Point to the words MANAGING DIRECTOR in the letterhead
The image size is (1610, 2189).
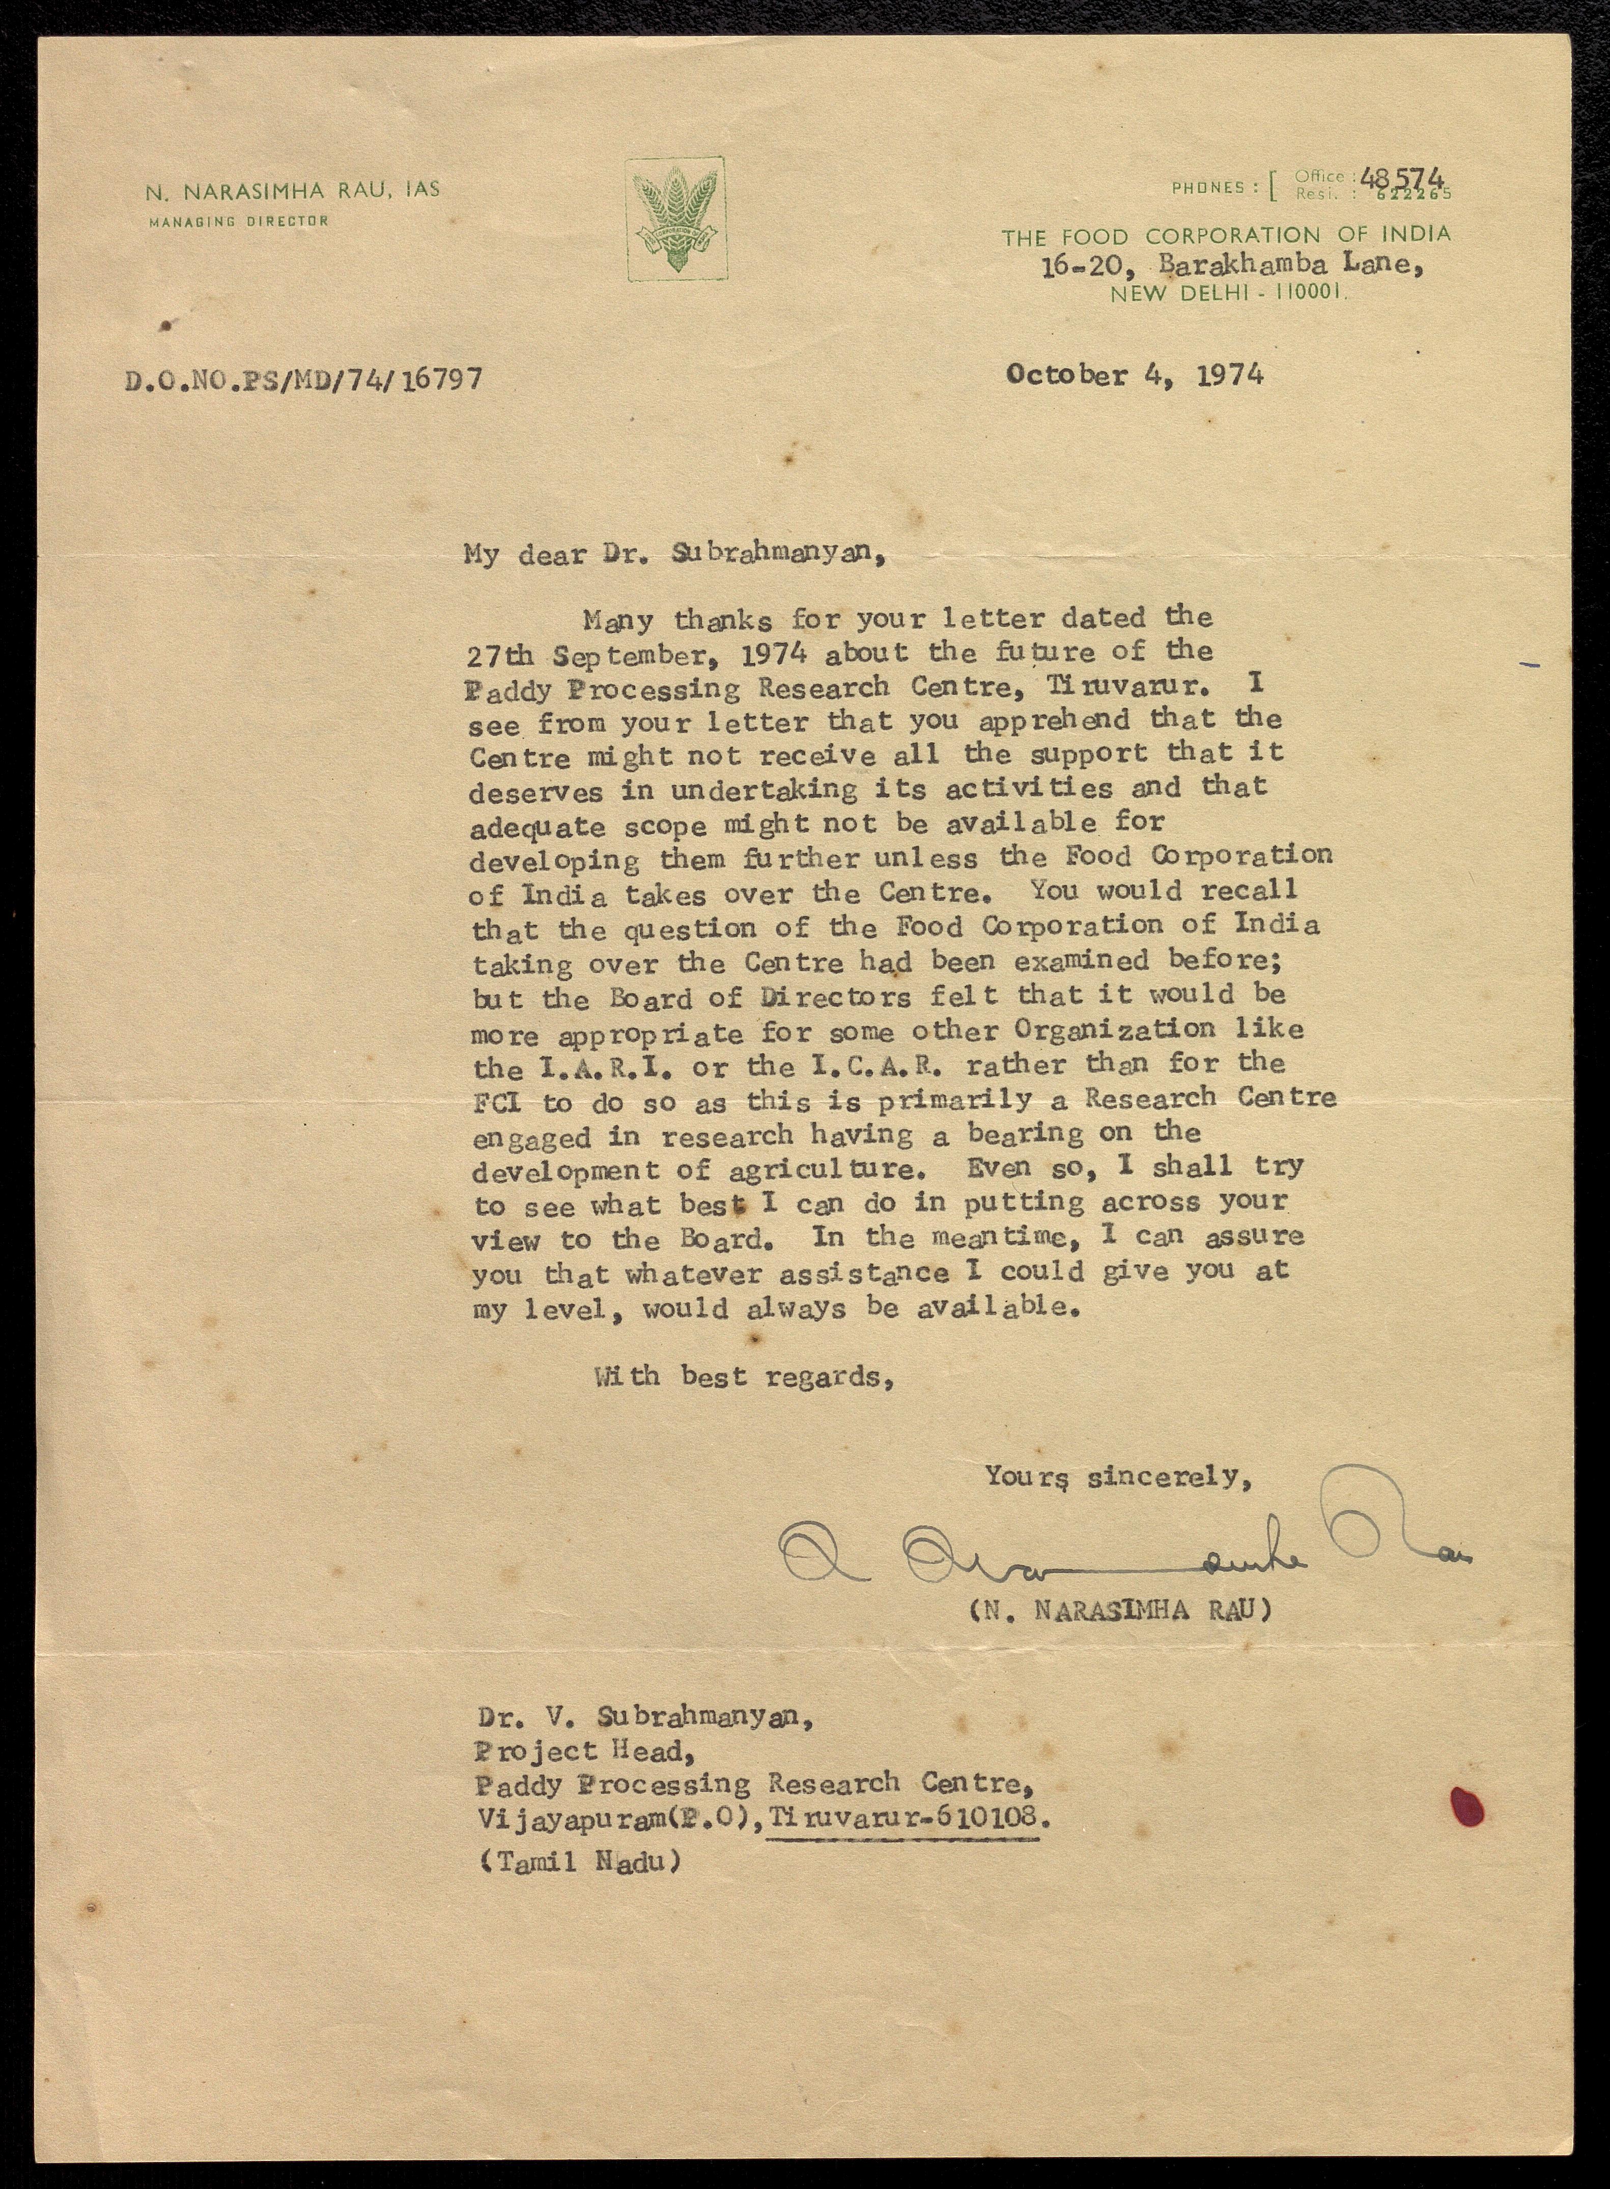(x=239, y=221)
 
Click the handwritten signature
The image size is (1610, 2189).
(x=1121, y=1550)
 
